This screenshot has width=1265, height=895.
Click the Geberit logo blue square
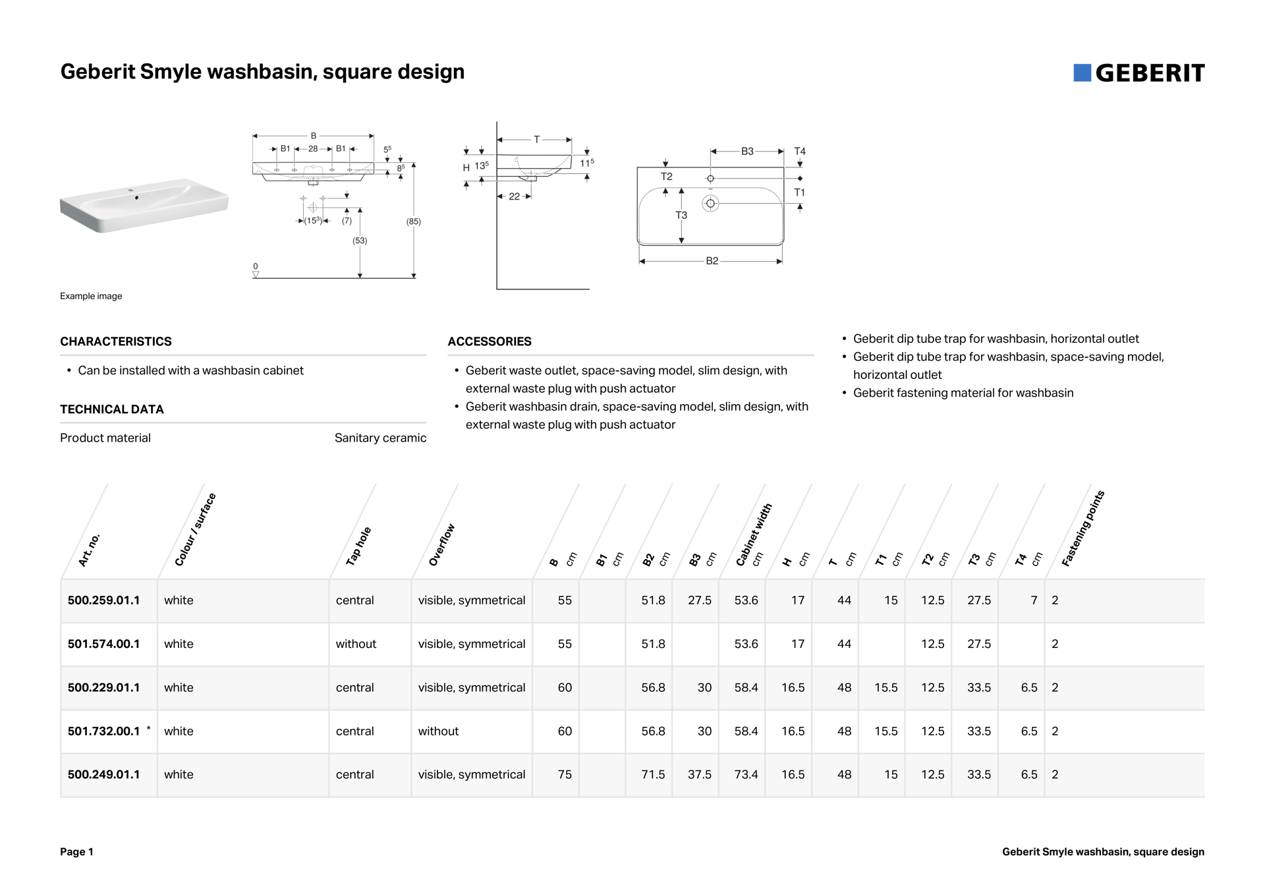tap(1082, 73)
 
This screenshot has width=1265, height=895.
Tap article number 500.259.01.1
tap(103, 600)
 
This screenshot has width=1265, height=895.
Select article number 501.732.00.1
tap(103, 731)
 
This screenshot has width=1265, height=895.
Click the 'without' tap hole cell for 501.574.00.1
tap(356, 644)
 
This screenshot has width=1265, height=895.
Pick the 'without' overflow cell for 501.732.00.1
tap(438, 731)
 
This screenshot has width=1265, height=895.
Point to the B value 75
tap(565, 774)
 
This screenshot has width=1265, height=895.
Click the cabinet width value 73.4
tap(746, 774)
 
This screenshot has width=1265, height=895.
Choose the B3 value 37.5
tap(700, 774)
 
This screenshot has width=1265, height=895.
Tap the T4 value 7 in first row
tap(1034, 600)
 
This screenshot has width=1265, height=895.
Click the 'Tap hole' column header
tap(359, 546)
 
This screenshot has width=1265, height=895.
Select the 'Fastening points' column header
tap(1082, 529)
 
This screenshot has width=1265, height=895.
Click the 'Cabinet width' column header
tap(754, 534)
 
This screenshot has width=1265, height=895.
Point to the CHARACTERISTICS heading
tap(116, 341)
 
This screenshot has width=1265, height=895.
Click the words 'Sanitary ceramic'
tap(380, 438)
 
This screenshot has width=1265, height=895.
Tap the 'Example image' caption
tap(91, 296)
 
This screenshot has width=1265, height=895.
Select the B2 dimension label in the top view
tap(712, 261)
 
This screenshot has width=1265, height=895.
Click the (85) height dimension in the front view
tap(413, 221)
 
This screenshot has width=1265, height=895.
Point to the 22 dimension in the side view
tap(514, 196)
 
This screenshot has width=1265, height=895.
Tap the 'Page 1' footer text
tap(76, 852)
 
